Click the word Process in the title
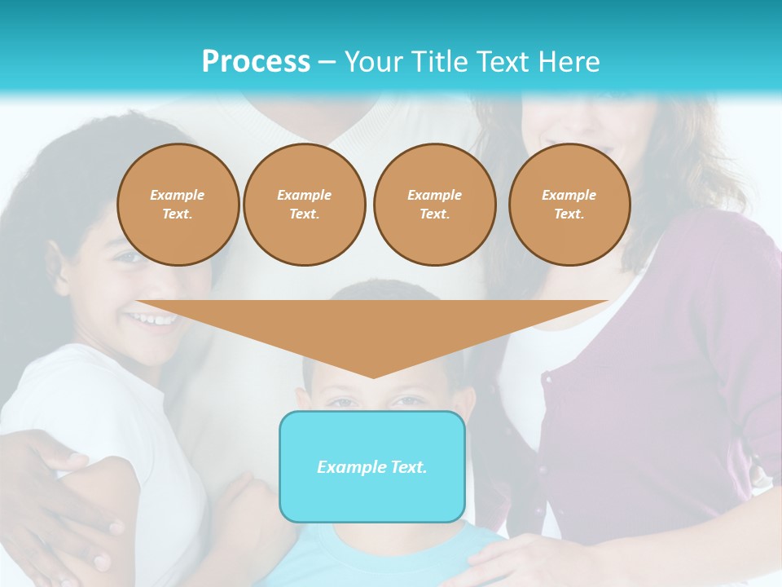point(256,62)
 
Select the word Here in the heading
point(569,62)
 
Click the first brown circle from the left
point(178,204)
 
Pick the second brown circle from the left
point(304,204)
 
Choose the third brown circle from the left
point(434,204)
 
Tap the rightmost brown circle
point(569,204)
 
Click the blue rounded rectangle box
point(372,466)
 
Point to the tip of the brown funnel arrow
point(373,376)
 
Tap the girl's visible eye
point(130,258)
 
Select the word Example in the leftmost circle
point(178,195)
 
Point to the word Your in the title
point(372,62)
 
